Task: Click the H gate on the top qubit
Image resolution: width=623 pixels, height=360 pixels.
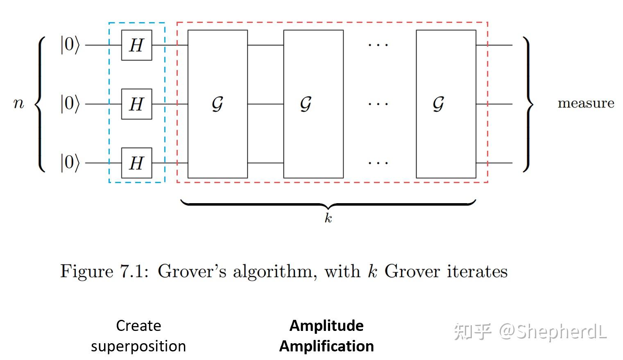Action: pos(136,45)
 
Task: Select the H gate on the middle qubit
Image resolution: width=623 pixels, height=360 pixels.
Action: pos(136,104)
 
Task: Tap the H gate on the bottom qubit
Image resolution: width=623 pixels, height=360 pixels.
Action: pos(136,163)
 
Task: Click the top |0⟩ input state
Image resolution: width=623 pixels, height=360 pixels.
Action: pos(70,45)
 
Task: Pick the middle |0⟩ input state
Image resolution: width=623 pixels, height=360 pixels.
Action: pos(70,104)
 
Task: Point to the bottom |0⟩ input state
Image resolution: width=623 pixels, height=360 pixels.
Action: pos(70,163)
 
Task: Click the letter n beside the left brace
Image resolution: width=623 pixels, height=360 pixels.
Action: pos(19,104)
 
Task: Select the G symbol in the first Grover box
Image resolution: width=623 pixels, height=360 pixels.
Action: pos(217,104)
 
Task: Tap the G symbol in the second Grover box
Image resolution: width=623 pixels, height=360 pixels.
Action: pos(306,104)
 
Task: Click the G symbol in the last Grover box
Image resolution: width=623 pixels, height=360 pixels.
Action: pos(438,104)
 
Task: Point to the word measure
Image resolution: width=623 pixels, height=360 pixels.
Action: pos(586,103)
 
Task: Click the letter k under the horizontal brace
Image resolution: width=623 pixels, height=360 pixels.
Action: pos(328,218)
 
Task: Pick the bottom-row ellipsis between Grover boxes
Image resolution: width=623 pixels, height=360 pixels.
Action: pos(378,163)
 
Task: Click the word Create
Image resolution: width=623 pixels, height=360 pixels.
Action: pos(138,326)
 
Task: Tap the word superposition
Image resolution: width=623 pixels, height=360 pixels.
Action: pos(138,346)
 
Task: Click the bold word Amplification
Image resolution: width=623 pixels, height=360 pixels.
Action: pos(326,346)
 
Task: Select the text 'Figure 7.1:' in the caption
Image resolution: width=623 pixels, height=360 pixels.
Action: pos(104,272)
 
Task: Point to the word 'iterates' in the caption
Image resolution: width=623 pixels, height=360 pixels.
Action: pos(477,272)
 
